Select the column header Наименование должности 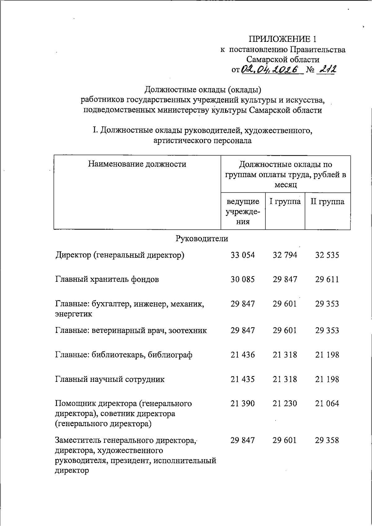137,164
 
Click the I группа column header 285,202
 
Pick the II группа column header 327,202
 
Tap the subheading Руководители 202,238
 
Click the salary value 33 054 242,255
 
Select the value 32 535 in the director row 327,255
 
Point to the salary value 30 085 242,279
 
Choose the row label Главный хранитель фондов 107,279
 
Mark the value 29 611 327,279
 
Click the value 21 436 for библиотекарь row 242,355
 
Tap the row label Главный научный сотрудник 110,379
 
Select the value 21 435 242,379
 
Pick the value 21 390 242,403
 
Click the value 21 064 327,403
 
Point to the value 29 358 327,440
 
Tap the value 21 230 285,403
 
